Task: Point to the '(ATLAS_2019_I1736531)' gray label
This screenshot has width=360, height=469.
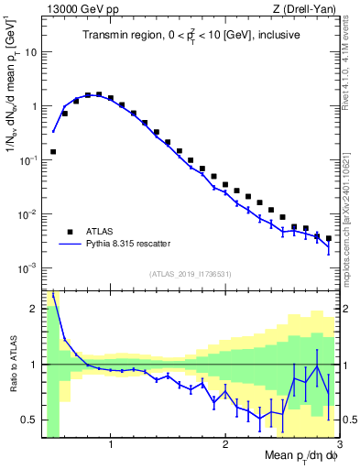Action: pos(191,274)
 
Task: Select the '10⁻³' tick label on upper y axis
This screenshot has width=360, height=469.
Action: pos(27,268)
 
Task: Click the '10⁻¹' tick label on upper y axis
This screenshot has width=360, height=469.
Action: pos(27,160)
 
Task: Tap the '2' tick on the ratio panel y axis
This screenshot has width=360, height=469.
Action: pos(34,309)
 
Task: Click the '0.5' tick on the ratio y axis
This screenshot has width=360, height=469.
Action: pos(29,420)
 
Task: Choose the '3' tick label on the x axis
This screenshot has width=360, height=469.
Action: pos(338,445)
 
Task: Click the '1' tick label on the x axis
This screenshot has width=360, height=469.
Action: pos(111,445)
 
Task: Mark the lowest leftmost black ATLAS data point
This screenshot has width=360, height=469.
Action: pos(53,151)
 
